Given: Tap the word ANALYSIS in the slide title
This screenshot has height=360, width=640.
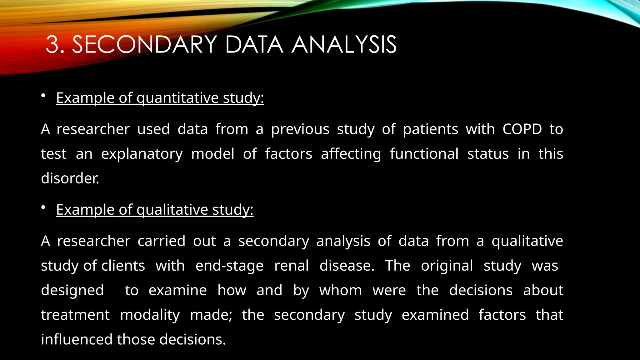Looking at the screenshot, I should coord(344,45).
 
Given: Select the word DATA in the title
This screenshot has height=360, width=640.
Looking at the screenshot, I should coord(254,45).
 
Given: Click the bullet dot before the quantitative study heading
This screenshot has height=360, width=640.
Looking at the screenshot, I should coord(43,96).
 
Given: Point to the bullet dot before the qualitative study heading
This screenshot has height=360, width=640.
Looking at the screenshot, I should coord(43,207).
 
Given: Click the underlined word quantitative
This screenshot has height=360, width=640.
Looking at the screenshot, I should coord(177,98).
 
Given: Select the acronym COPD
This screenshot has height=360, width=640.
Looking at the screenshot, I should coord(522,129).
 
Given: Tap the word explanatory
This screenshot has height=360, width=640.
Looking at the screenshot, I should coord(142,154).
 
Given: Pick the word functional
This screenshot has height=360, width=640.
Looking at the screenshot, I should coord(424,154).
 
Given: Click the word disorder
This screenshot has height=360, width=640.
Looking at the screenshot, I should coord(70,178).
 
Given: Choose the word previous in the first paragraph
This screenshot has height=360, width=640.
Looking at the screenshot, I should coord(300,129).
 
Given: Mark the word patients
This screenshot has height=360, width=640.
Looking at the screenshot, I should coord(430,129).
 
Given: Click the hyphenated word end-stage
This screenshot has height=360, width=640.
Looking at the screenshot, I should coord(229,266).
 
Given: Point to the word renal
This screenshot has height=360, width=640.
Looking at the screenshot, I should coord(291,266).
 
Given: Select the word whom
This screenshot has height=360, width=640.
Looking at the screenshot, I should coord(341,290).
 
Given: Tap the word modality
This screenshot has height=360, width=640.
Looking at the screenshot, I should coord(150,315).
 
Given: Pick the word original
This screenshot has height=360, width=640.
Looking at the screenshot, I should coord(447,266).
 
